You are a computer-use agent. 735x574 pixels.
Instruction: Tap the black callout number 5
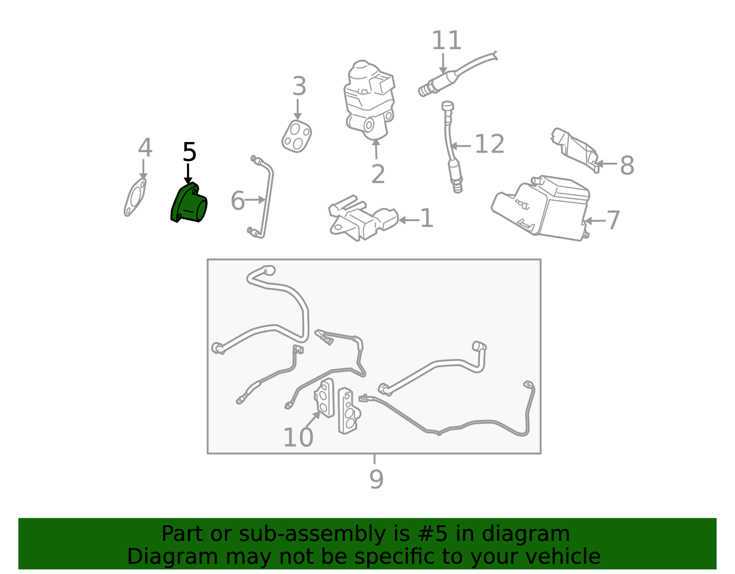pyautogui.click(x=189, y=152)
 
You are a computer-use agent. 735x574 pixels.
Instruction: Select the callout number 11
pyautogui.click(x=447, y=40)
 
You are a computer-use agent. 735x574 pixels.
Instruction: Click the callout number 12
pyautogui.click(x=490, y=144)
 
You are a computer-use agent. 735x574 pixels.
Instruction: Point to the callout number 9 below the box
pyautogui.click(x=376, y=479)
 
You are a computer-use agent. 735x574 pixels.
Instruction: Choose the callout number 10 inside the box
pyautogui.click(x=298, y=438)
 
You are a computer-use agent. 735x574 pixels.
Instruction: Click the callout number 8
pyautogui.click(x=627, y=165)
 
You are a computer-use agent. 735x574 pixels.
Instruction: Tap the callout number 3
pyautogui.click(x=300, y=86)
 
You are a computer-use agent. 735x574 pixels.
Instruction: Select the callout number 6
pyautogui.click(x=237, y=200)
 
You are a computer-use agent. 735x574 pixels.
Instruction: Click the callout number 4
pyautogui.click(x=145, y=148)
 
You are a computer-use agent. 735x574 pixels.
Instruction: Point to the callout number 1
pyautogui.click(x=426, y=218)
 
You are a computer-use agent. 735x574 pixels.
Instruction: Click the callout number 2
pyautogui.click(x=378, y=174)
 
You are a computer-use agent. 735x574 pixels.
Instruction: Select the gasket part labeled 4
pyautogui.click(x=135, y=197)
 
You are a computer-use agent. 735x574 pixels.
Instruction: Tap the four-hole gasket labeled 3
pyautogui.click(x=297, y=136)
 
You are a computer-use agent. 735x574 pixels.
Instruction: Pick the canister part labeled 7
pyautogui.click(x=541, y=208)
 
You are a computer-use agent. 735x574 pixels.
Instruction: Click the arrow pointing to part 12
pyautogui.click(x=461, y=146)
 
